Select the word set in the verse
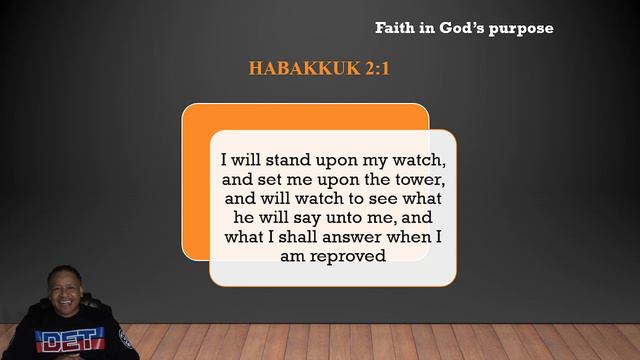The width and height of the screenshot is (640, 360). (x=266, y=179)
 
